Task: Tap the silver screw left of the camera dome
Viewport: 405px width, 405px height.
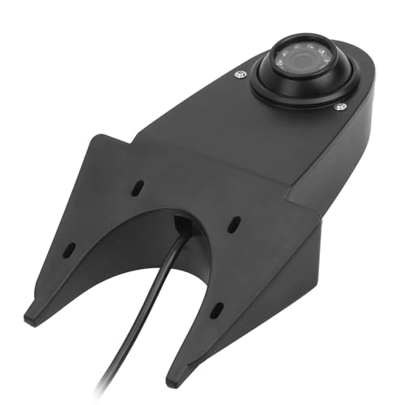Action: point(241,75)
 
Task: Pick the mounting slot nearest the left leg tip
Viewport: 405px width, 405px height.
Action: point(70,247)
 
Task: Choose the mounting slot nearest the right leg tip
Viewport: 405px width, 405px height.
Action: point(216,308)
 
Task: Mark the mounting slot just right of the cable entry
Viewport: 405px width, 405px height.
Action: point(232,221)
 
